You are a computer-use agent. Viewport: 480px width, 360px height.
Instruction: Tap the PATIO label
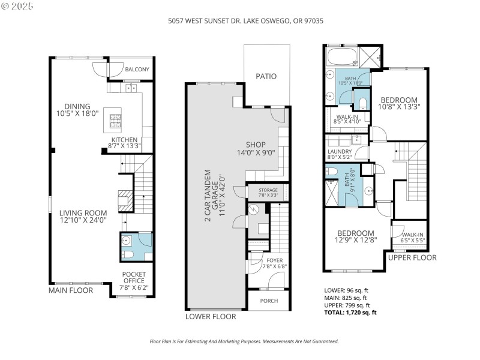[266, 76]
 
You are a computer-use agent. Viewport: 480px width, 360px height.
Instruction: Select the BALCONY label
[137, 70]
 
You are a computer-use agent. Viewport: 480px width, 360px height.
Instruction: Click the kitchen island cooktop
[115, 122]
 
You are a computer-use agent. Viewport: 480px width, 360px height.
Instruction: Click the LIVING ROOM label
[83, 216]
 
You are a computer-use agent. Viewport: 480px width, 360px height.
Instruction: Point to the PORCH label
[269, 301]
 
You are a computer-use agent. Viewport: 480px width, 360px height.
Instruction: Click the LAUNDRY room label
[339, 154]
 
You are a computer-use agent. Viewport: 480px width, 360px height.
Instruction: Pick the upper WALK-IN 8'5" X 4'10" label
[347, 119]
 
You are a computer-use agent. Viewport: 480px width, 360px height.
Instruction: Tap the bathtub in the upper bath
[341, 57]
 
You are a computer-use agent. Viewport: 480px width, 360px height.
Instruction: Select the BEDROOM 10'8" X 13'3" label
[400, 103]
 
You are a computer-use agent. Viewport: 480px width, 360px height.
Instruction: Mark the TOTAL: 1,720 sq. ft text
[350, 313]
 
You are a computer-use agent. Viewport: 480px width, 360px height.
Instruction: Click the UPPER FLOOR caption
[412, 257]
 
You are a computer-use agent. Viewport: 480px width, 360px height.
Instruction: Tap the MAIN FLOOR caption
[71, 290]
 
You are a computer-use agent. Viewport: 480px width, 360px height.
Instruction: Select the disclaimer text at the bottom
[244, 341]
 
